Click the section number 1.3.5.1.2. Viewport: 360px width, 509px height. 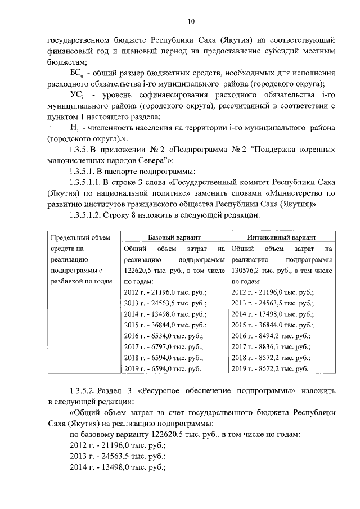[85, 215]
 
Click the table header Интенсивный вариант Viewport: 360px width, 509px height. [281, 238]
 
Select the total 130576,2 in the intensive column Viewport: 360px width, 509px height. [249, 271]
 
